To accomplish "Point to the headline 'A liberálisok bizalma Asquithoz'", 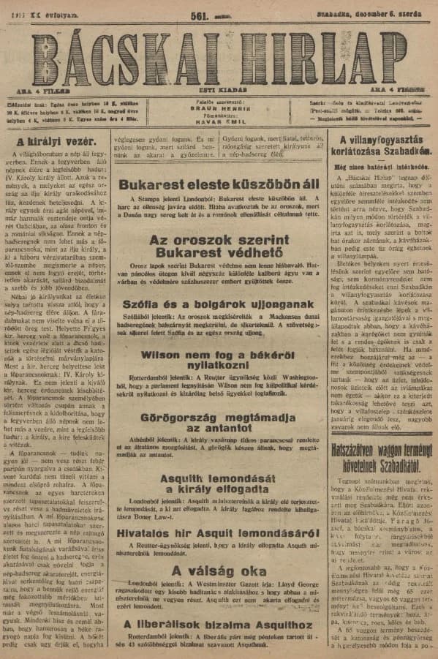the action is [x=219, y=644].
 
